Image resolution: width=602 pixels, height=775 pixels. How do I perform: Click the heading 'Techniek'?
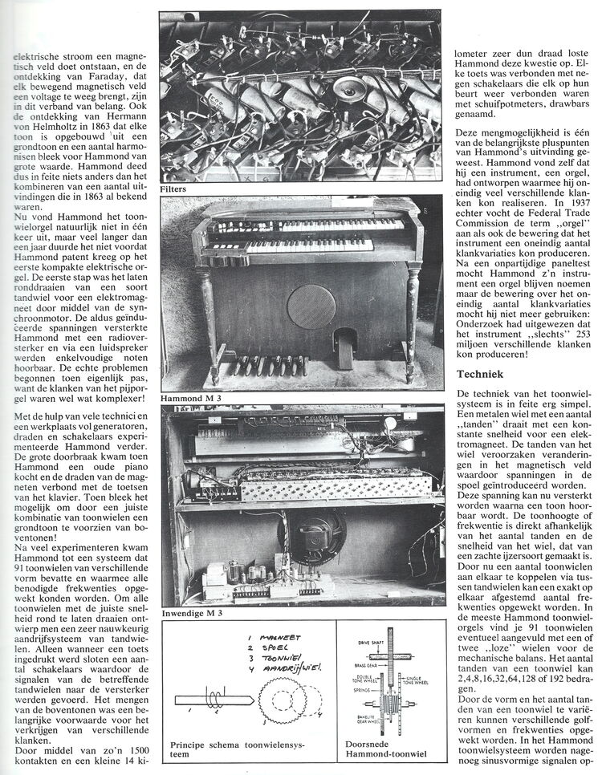pos(482,374)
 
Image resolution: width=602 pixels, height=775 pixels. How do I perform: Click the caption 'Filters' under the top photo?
pos(174,189)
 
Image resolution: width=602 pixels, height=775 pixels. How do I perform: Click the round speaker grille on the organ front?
pos(311,306)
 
